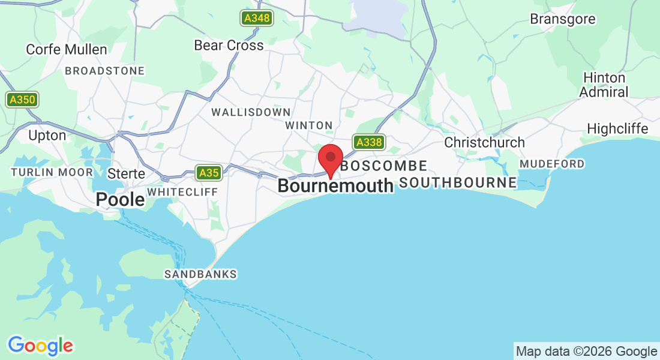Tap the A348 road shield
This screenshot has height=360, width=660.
pyautogui.click(x=257, y=19)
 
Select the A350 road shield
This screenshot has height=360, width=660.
pyautogui.click(x=22, y=100)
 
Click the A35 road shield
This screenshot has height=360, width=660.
pyautogui.click(x=209, y=173)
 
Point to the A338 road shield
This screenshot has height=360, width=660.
pyautogui.click(x=368, y=142)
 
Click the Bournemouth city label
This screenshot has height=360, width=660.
pyautogui.click(x=335, y=186)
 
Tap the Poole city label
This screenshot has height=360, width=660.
pyautogui.click(x=121, y=199)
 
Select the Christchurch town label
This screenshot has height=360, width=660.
pyautogui.click(x=484, y=143)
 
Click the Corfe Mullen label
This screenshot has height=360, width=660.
pyautogui.click(x=67, y=50)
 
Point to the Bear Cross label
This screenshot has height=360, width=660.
pyautogui.click(x=229, y=46)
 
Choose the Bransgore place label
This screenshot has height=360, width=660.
pyautogui.click(x=562, y=19)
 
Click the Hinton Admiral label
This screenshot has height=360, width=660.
pyautogui.click(x=604, y=85)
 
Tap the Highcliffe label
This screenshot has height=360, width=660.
pyautogui.click(x=617, y=129)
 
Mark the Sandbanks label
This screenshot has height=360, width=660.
pyautogui.click(x=201, y=274)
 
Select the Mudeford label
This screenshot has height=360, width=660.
pyautogui.click(x=552, y=164)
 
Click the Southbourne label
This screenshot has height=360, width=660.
pyautogui.click(x=458, y=182)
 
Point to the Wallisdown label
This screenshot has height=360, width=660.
pyautogui.click(x=251, y=112)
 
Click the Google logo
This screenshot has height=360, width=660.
pyautogui.click(x=40, y=346)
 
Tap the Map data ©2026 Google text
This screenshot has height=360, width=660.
pyautogui.click(x=586, y=352)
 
